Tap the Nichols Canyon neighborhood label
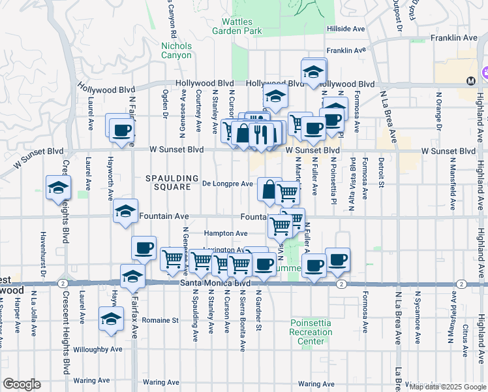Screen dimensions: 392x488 tap(176, 50)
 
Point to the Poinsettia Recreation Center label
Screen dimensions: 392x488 tap(311, 332)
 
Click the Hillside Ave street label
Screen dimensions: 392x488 tap(346, 29)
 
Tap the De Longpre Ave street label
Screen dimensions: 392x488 tap(228, 184)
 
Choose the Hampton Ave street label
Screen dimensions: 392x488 tap(225, 233)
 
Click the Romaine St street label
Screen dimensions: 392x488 tap(161, 320)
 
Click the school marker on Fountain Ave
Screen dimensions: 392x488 tap(125, 211)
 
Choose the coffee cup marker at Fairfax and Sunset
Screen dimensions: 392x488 tap(121, 129)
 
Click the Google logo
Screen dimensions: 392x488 tap(22, 384)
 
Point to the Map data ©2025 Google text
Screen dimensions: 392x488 tap(447, 387)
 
